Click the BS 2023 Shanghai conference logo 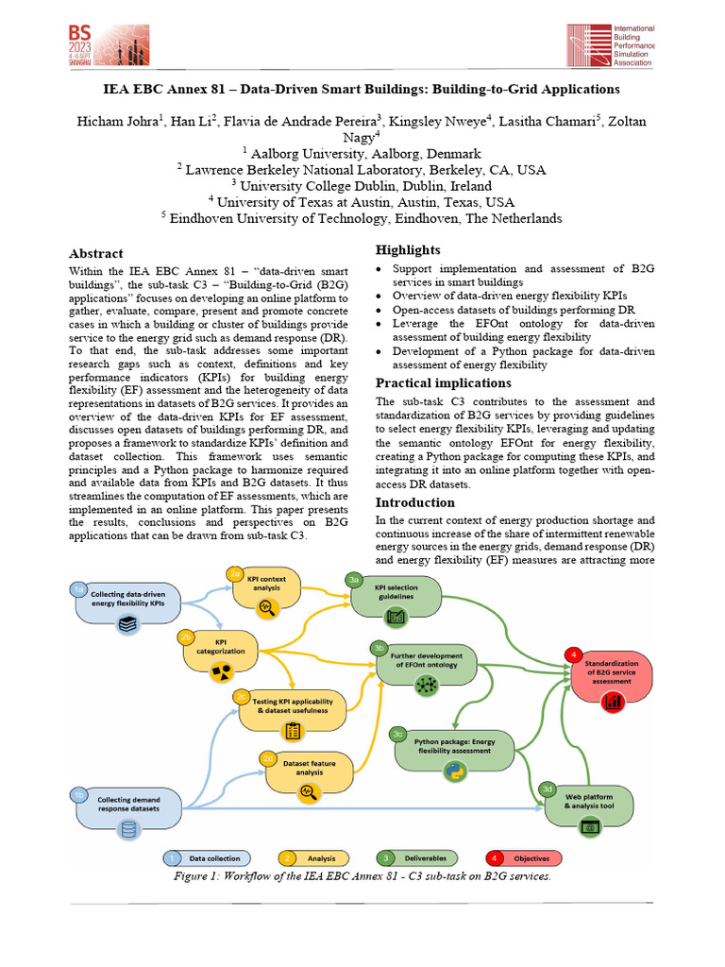[x=102, y=43]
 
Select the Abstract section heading [x=96, y=253]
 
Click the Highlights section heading [x=408, y=249]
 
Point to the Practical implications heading [x=443, y=382]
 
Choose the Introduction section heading [x=415, y=501]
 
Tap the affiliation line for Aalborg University [x=362, y=153]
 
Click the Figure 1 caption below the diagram [x=362, y=875]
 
